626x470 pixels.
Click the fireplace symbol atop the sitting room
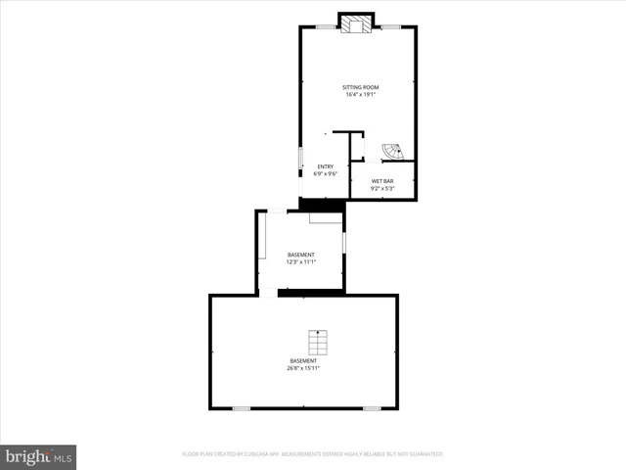356,24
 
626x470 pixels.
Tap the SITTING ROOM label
357,86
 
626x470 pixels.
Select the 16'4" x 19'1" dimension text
357,95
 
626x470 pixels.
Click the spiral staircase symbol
391,152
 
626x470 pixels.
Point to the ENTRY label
325,166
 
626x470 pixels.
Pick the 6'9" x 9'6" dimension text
325,174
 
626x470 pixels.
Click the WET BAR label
382,181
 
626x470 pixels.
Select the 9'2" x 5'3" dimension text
382,189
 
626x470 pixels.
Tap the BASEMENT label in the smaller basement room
300,255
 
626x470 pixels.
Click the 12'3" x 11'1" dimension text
300,262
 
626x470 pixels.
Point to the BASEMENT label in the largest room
302,360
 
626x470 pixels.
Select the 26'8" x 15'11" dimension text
302,368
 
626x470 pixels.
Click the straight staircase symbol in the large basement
316,343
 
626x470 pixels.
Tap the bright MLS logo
39,456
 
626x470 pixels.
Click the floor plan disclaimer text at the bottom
313,454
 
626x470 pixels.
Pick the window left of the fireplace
322,27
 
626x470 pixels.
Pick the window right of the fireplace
390,27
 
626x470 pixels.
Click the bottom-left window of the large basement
241,408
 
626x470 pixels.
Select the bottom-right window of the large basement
372,408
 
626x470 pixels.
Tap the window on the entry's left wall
300,159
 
